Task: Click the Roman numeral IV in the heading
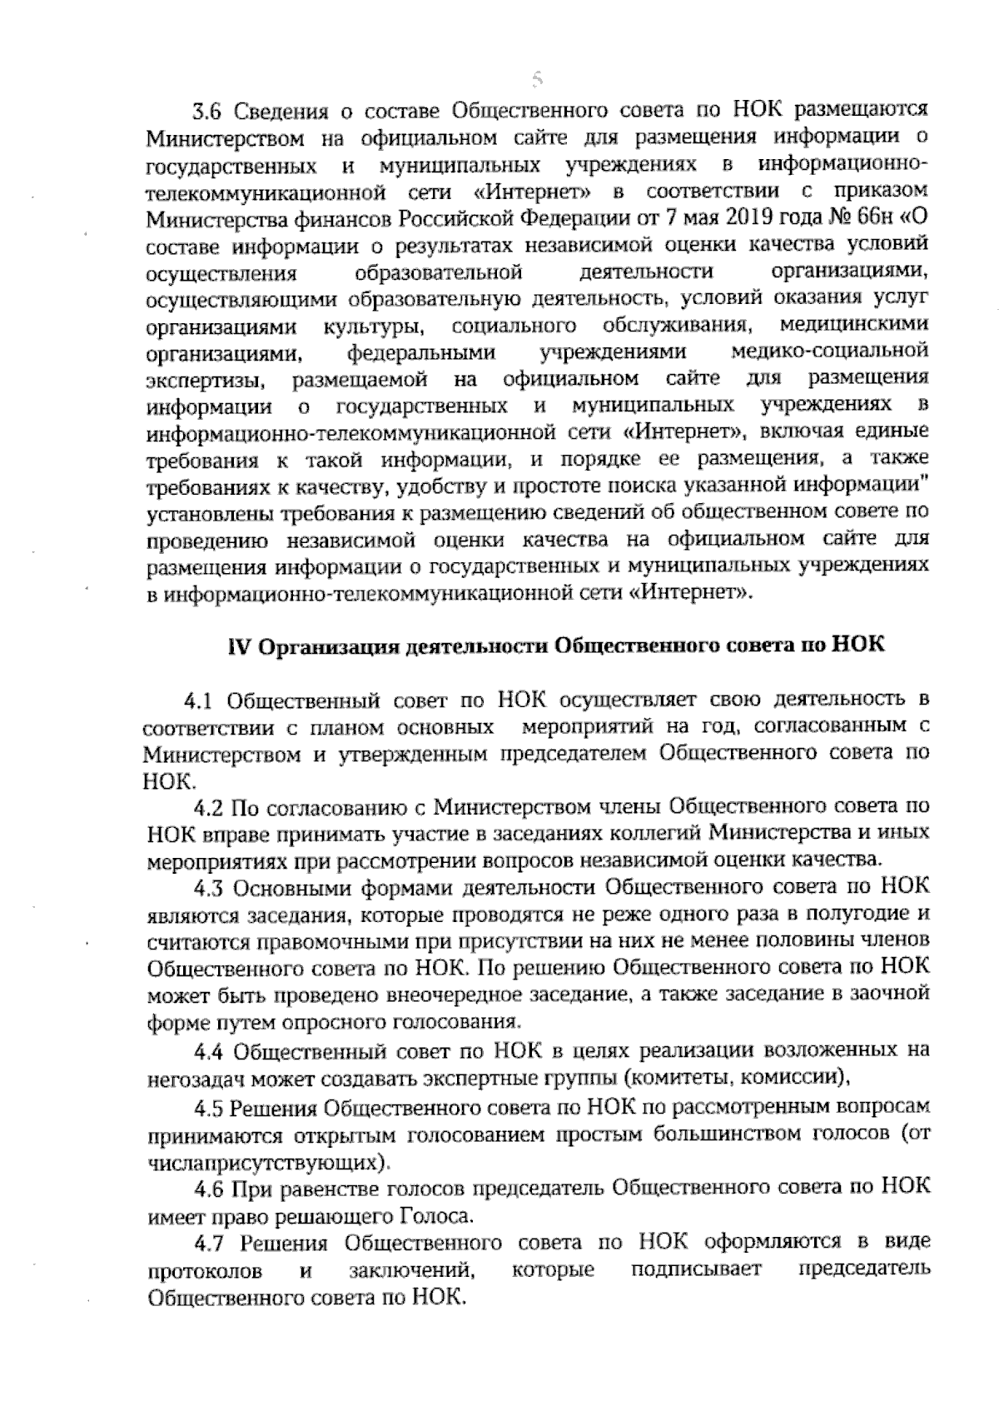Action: pyautogui.click(x=241, y=647)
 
